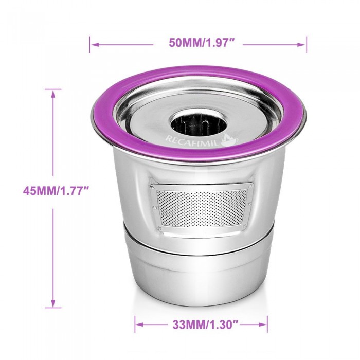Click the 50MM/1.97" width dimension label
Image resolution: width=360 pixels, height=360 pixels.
coord(199,43)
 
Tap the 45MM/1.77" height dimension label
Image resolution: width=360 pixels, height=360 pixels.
coord(56,191)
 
